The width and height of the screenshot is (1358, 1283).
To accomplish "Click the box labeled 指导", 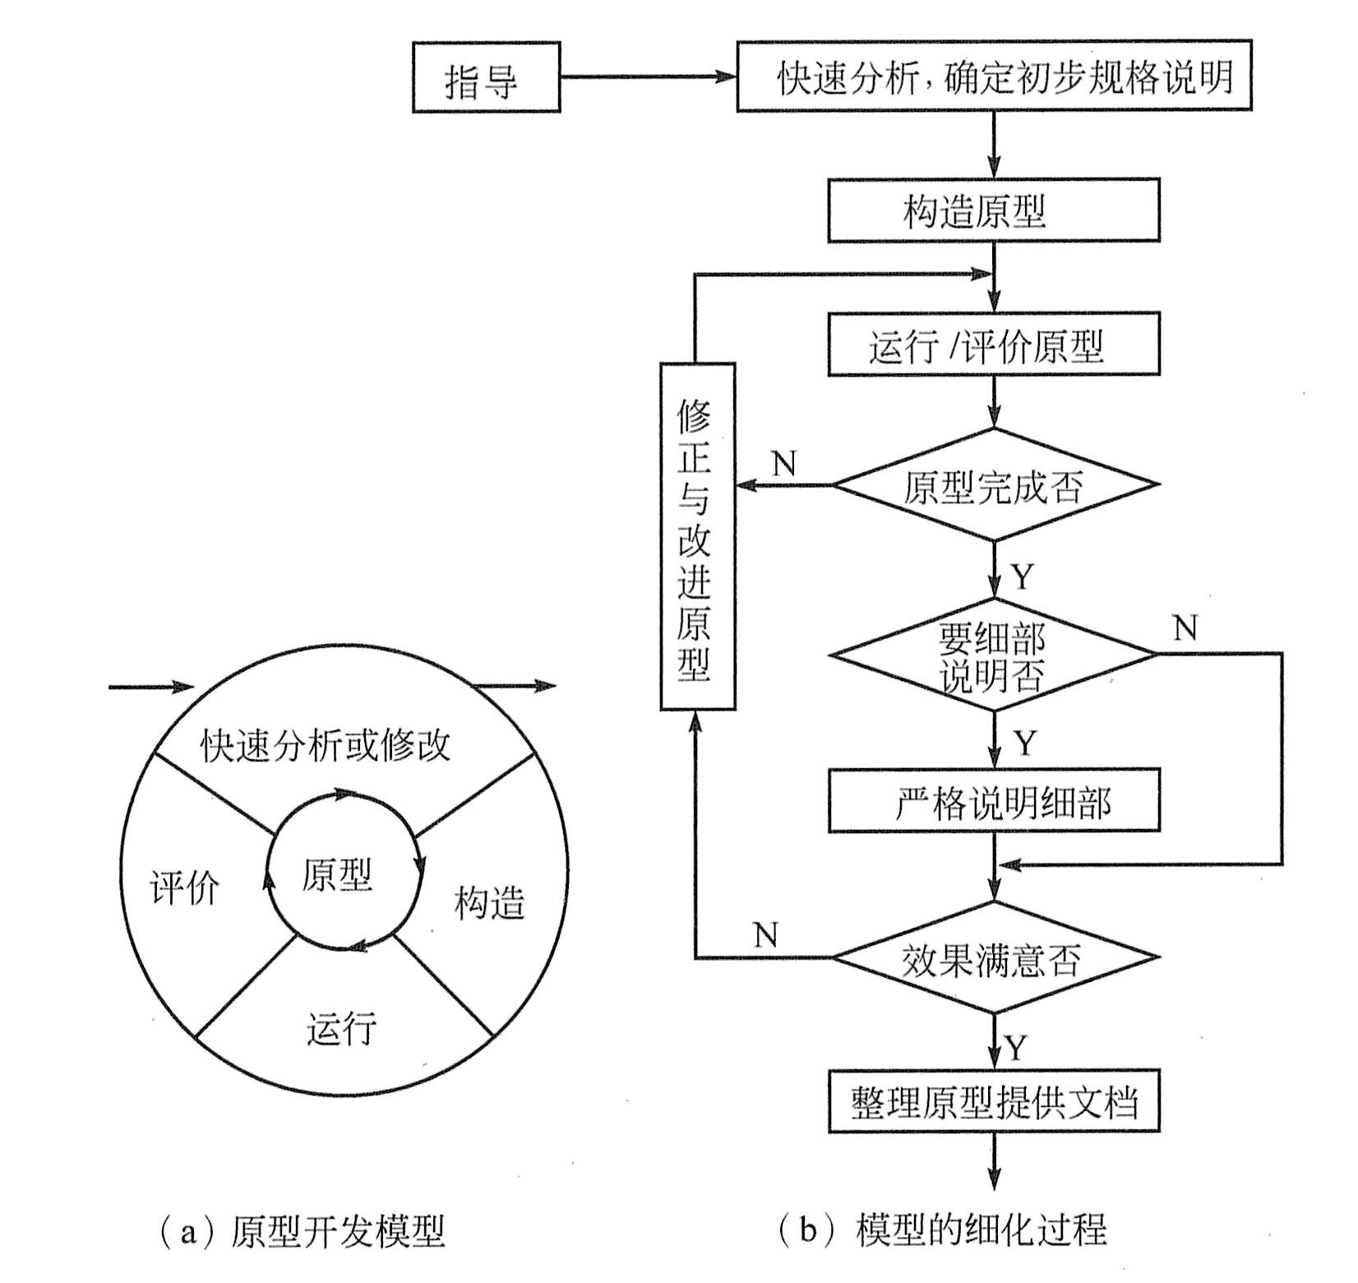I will tap(485, 79).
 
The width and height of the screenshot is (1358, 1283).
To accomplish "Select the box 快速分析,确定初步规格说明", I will tap(994, 76).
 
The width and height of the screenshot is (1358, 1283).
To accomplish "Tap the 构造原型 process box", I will tap(993, 211).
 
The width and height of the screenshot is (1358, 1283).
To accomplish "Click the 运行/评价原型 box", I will tap(993, 345).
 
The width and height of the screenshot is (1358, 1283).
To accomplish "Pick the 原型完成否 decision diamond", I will tap(994, 485).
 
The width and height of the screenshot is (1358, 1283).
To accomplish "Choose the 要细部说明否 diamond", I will tap(993, 655).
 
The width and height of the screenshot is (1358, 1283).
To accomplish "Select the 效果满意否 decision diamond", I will tap(994, 958).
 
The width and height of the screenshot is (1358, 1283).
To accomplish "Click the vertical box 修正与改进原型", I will tap(697, 537).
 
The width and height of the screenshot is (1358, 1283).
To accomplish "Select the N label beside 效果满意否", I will tap(765, 935).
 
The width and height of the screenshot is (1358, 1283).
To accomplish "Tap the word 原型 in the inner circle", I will tap(338, 874).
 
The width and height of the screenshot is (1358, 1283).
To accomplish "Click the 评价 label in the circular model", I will tap(185, 887).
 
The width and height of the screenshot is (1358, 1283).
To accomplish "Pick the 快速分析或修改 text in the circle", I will tap(326, 746).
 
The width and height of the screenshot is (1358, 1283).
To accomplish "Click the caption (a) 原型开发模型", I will tap(300, 1231).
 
